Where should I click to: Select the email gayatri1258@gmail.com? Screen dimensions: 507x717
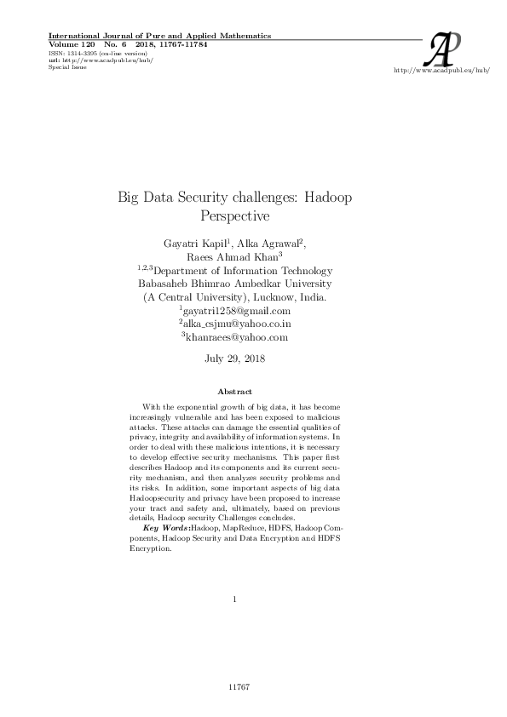[237, 311]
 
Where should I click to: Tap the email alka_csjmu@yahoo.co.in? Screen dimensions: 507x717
[237, 324]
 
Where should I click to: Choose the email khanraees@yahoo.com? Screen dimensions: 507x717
[237, 337]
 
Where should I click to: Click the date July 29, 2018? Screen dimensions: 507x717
[235, 358]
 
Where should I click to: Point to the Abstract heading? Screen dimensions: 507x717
[235, 392]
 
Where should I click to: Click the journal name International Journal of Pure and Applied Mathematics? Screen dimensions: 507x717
[160, 36]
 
